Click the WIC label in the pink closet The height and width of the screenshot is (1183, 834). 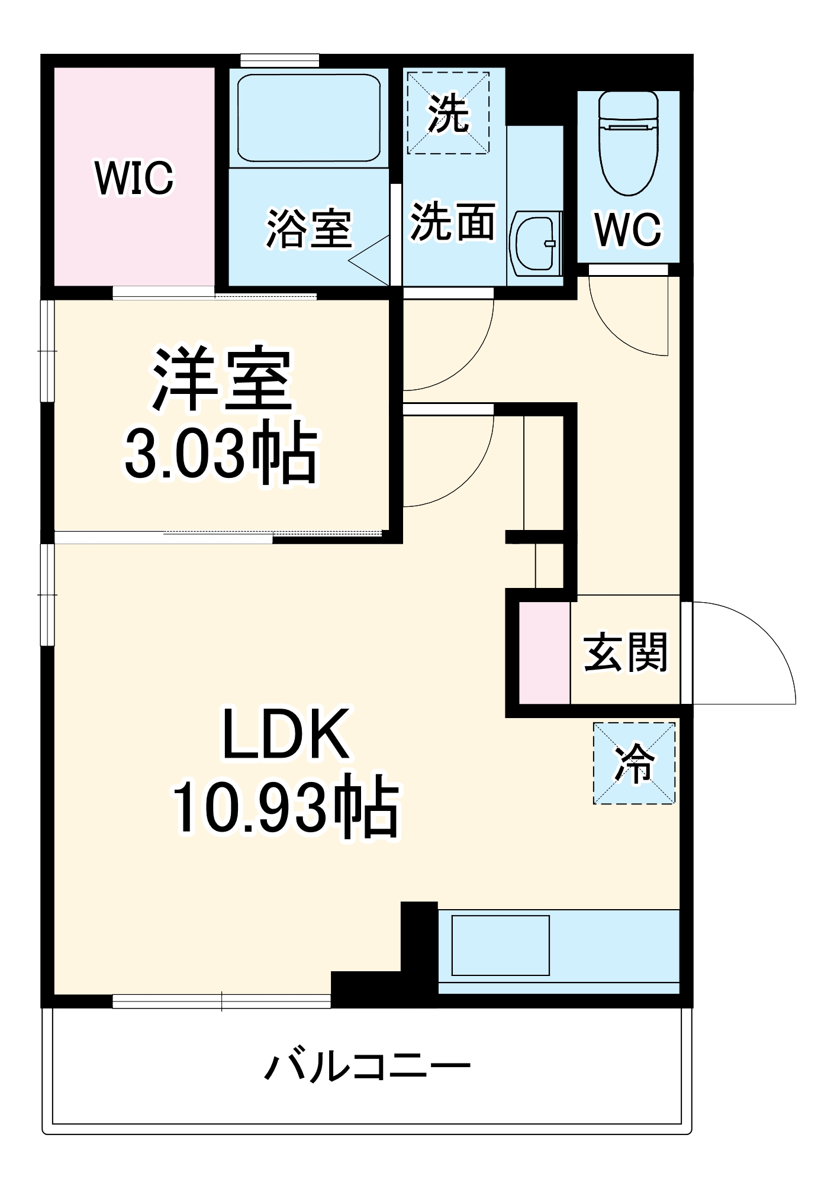click(134, 177)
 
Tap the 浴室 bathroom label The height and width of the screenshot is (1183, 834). click(308, 229)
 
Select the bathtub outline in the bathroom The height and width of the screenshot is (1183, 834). click(308, 118)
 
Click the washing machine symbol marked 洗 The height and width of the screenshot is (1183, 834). click(448, 113)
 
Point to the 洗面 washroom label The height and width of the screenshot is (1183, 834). click(453, 222)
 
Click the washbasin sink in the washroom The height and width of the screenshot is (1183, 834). click(534, 243)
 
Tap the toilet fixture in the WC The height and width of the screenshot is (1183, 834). click(628, 142)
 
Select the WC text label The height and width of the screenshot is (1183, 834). click(628, 230)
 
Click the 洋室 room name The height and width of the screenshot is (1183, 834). click(223, 380)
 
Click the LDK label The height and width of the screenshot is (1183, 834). click(285, 734)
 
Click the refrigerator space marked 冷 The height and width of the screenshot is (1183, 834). click(634, 763)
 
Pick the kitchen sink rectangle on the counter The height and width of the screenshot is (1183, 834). click(500, 945)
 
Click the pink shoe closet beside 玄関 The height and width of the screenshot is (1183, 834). click(545, 653)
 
